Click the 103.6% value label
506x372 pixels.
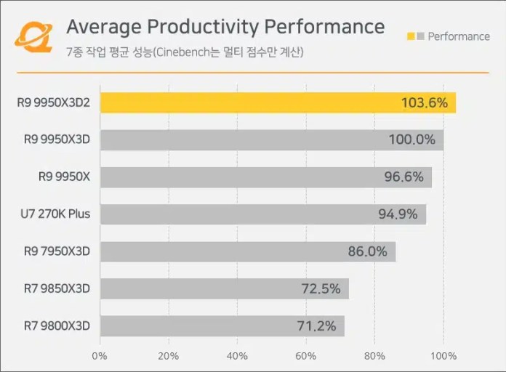(x=424, y=102)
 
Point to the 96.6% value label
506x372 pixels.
(x=403, y=177)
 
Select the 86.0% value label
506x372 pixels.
(x=367, y=251)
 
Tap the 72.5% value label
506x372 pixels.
(x=321, y=288)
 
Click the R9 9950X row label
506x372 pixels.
(x=64, y=177)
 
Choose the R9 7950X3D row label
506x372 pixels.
(x=56, y=251)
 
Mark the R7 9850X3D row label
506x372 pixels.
(x=56, y=288)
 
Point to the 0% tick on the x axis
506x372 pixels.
(x=100, y=356)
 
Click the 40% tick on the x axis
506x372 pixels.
(x=237, y=356)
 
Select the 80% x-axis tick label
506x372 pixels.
(x=374, y=356)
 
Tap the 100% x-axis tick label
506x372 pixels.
(x=443, y=356)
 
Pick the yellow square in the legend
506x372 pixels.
(x=411, y=36)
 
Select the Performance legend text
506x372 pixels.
(x=459, y=36)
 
